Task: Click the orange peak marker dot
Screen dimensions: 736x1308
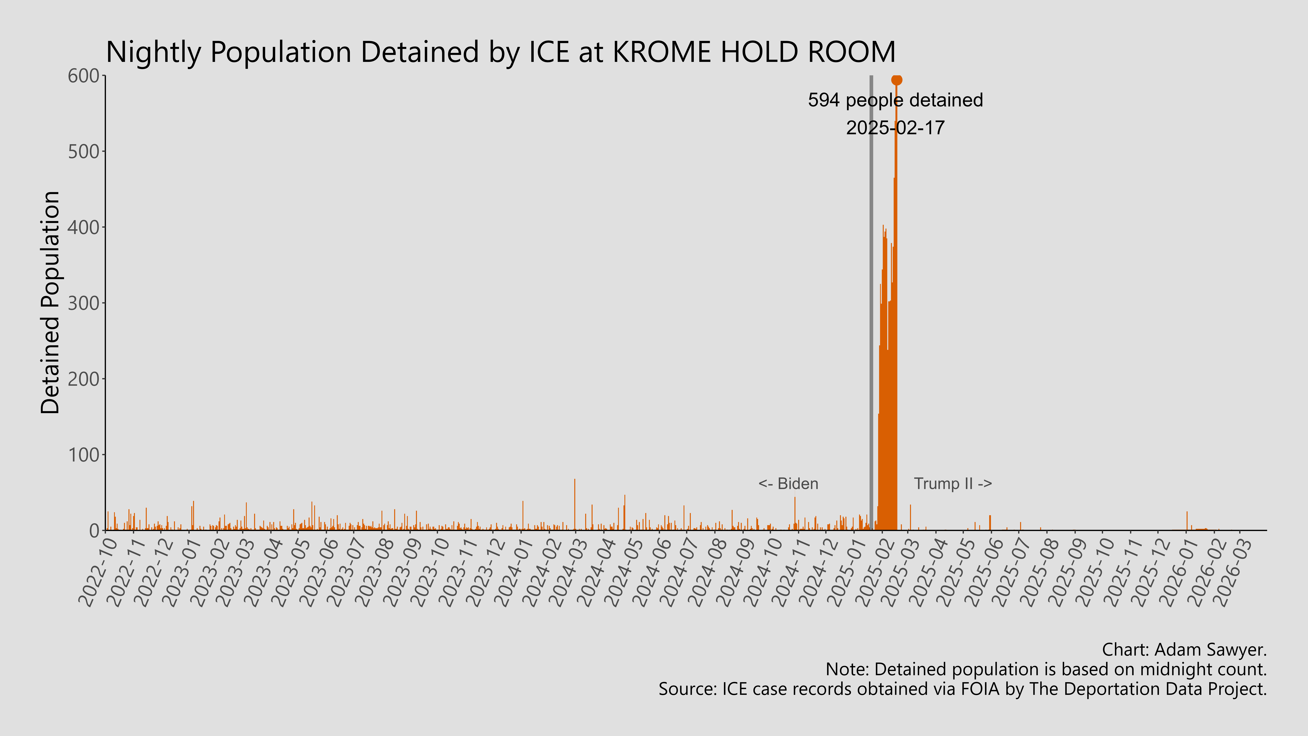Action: click(897, 80)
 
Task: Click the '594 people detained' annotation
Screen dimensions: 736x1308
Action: click(895, 100)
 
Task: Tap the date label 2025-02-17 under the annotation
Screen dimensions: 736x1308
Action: click(895, 127)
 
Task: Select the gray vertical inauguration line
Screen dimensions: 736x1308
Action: click(871, 305)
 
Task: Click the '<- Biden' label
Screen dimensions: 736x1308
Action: click(788, 484)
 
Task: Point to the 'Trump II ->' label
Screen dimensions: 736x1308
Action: click(953, 484)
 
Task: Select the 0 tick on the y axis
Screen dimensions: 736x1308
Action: click(94, 531)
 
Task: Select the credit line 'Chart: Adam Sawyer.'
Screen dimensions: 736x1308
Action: click(1184, 650)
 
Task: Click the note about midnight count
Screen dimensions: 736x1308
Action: click(1046, 669)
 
